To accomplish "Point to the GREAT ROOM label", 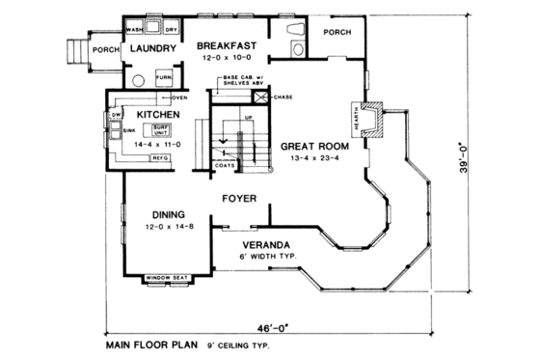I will click(309, 147).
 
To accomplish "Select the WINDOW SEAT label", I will click(165, 279).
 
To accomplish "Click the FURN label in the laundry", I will click(164, 77).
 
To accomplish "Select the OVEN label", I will click(179, 98).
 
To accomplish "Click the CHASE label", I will click(283, 97).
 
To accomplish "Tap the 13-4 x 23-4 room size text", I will click(309, 159).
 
